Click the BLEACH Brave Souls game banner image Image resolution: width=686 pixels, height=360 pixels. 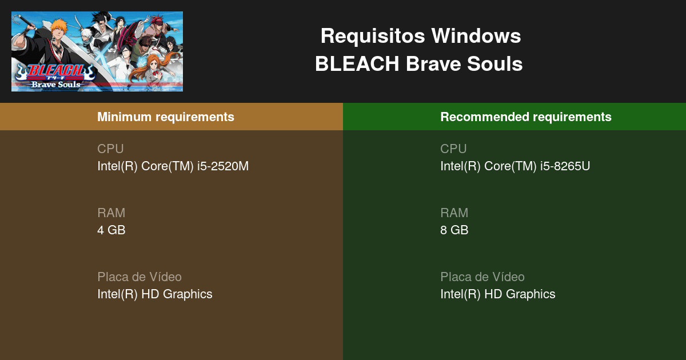tap(97, 51)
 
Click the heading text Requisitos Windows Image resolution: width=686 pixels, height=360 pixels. tap(420, 36)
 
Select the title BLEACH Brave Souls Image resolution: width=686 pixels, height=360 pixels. tap(418, 64)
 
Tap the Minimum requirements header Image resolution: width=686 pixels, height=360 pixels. tap(166, 117)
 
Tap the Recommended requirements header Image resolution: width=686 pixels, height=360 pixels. tap(525, 117)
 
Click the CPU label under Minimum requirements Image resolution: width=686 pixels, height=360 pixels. tap(110, 149)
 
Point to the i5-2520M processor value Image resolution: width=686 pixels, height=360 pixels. tap(173, 166)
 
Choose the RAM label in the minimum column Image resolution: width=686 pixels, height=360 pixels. tap(111, 213)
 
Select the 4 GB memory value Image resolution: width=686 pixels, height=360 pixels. tap(111, 230)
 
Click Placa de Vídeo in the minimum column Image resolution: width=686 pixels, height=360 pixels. tap(139, 277)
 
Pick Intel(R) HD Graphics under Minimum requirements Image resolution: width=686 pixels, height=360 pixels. tap(154, 294)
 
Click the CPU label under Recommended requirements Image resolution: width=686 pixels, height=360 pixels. tap(453, 149)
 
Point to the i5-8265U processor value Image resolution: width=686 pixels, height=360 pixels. tap(515, 166)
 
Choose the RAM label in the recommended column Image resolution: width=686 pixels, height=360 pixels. tap(454, 213)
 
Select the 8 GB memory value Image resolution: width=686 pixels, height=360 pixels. tap(454, 230)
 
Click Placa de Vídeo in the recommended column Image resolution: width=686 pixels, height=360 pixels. tap(482, 277)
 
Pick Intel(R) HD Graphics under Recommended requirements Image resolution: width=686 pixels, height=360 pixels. tap(497, 294)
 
